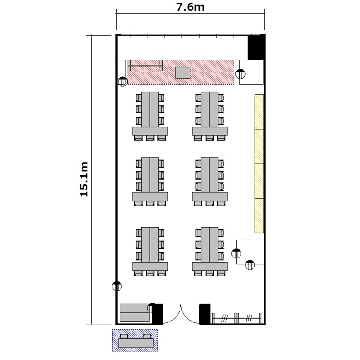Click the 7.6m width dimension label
[190, 7]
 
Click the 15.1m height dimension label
[84, 180]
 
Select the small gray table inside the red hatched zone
[183, 72]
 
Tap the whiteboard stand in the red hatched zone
[145, 66]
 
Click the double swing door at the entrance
[181, 315]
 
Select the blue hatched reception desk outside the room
[135, 340]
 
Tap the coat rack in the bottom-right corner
[237, 318]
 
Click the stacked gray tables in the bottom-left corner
[135, 312]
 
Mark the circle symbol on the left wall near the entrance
[117, 286]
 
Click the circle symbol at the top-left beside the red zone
[122, 82]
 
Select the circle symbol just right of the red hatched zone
[240, 74]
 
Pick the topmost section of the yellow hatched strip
[259, 111]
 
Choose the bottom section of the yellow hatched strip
[259, 216]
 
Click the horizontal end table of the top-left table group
[150, 131]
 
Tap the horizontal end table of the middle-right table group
[210, 197]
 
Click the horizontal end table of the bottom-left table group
[150, 266]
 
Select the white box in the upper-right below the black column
[251, 72]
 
